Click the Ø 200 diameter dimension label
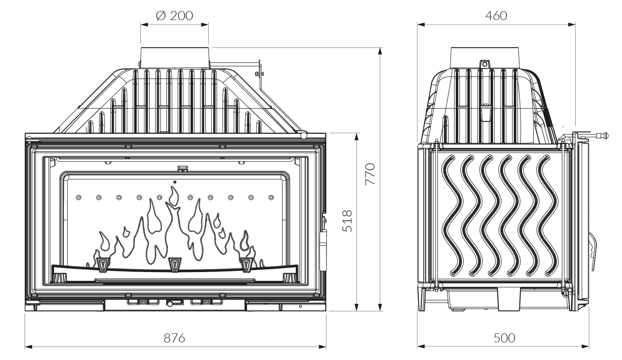click(174, 16)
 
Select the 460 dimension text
click(496, 16)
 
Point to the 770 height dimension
click(370, 174)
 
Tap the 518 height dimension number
click(347, 221)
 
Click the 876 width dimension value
click(174, 338)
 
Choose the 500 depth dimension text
click(504, 338)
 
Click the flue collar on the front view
click(176, 57)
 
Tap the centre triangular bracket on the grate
click(175, 264)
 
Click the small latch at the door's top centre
click(182, 168)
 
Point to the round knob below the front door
click(169, 304)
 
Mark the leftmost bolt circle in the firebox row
click(78, 198)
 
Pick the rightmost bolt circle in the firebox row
click(271, 198)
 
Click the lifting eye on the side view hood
click(485, 64)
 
